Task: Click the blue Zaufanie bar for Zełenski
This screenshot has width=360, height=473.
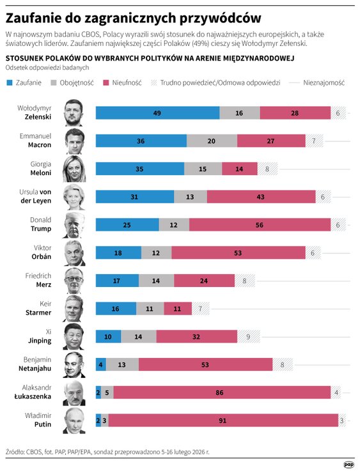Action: pyautogui.click(x=157, y=112)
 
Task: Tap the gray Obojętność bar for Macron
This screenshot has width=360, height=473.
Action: pyautogui.click(x=212, y=141)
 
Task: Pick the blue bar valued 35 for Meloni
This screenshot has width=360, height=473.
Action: pyautogui.click(x=140, y=169)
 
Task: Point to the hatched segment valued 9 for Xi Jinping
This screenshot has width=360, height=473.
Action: pyautogui.click(x=248, y=336)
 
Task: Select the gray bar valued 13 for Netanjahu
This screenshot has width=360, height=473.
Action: pyautogui.click(x=122, y=364)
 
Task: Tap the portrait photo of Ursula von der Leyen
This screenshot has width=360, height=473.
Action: pyautogui.click(x=74, y=197)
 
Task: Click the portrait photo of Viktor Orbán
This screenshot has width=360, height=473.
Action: pyautogui.click(x=74, y=252)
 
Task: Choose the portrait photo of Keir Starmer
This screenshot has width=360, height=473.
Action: pyautogui.click(x=74, y=309)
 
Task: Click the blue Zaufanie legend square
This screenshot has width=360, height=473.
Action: pyautogui.click(x=9, y=83)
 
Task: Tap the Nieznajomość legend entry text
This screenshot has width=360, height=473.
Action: pyautogui.click(x=324, y=83)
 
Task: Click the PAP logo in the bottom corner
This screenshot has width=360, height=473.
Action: pyautogui.click(x=348, y=464)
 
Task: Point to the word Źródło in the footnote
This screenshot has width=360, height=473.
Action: pyautogui.click(x=17, y=451)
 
